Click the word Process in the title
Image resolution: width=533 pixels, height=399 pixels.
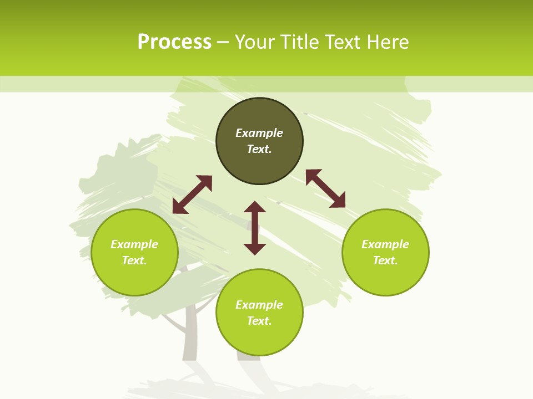pyautogui.click(x=174, y=42)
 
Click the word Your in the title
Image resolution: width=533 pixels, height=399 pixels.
pyautogui.click(x=254, y=42)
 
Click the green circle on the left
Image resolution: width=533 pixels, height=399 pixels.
pyautogui.click(x=134, y=277)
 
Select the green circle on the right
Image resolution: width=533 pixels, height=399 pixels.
pyautogui.click(x=385, y=277)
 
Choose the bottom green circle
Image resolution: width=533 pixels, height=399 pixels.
pyautogui.click(x=259, y=338)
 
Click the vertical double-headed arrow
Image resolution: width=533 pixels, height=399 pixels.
pyautogui.click(x=255, y=228)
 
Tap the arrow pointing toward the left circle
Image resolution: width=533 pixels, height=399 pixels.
pyautogui.click(x=192, y=195)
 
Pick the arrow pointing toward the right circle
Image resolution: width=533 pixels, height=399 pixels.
pyautogui.click(x=325, y=188)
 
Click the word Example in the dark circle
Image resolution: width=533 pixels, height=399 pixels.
pyautogui.click(x=259, y=133)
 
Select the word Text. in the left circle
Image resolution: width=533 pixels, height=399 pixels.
pyautogui.click(x=134, y=260)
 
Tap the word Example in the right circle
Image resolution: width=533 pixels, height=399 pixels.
pyautogui.click(x=385, y=244)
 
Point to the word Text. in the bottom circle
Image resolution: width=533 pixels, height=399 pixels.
pyautogui.click(x=259, y=321)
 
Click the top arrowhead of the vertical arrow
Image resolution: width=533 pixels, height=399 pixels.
pyautogui.click(x=255, y=207)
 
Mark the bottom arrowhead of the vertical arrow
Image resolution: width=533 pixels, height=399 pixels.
pyautogui.click(x=255, y=249)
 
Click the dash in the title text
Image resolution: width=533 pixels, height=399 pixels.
pyautogui.click(x=223, y=42)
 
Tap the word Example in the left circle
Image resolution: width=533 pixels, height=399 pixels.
pyautogui.click(x=134, y=244)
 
